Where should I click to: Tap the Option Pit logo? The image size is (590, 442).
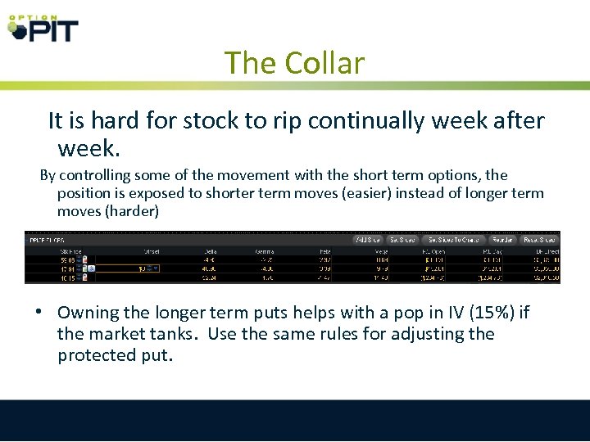43,26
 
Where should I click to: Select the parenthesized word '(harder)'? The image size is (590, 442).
132,211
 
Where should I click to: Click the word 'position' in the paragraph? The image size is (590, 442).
86,193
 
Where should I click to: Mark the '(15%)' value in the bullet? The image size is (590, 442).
489,313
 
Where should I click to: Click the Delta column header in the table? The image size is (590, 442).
211,250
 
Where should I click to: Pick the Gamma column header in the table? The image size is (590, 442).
265,250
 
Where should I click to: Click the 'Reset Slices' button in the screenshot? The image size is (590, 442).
539,240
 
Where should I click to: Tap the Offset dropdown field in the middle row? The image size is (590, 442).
148,268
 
